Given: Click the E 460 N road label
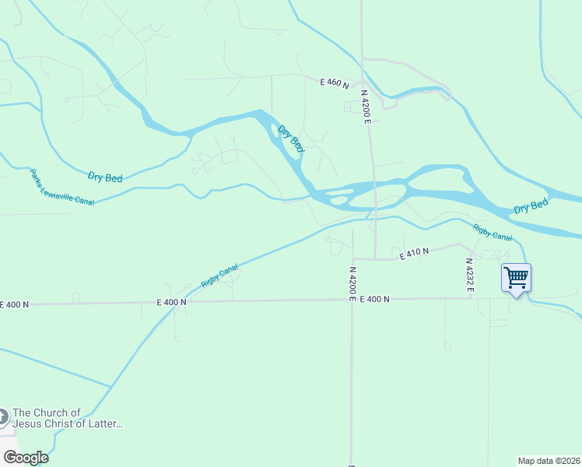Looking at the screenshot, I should click(335, 82).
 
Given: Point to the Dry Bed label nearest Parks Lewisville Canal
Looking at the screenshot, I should click(105, 177).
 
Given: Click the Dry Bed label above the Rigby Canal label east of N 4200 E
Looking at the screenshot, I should click(531, 206).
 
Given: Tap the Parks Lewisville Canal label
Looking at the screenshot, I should click(61, 188).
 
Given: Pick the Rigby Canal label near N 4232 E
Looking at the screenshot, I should click(493, 232).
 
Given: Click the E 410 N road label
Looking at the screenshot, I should click(414, 253).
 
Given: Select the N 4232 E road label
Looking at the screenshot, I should click(470, 276).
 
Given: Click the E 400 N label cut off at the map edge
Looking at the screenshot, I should click(14, 304).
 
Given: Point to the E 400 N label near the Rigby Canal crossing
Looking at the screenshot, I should click(171, 301).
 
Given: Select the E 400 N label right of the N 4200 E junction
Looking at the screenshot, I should click(375, 299).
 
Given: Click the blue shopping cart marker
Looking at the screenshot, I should click(516, 279).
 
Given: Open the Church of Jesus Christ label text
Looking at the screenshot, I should click(68, 418).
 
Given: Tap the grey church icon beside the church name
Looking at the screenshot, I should click(3, 418).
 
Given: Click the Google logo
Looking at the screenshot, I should click(26, 458).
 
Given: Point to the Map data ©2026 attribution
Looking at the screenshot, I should click(549, 460).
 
